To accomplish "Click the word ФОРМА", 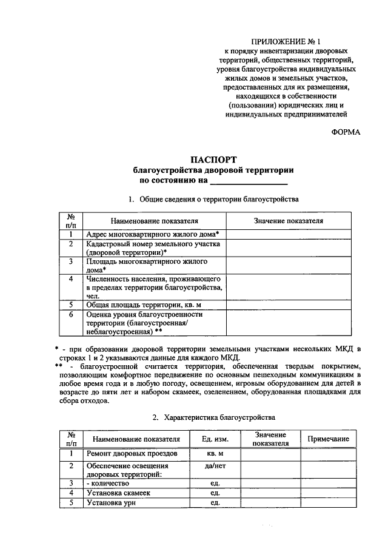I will tap(346, 132).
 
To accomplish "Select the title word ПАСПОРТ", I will tap(213, 160).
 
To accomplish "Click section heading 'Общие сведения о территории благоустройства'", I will tap(219, 199).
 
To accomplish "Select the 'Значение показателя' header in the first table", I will tap(289, 221).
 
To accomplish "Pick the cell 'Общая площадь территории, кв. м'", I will tap(142, 305).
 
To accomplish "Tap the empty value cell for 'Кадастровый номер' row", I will tap(289, 248).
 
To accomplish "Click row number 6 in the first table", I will tap(71, 315).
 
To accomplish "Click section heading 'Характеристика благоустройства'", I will tap(219, 417).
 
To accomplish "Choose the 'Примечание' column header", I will tap(328, 439).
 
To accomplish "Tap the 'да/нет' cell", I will tap(213, 466).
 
